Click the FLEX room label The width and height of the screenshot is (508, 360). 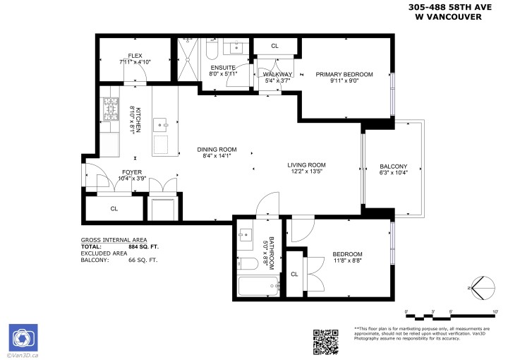point(135,55)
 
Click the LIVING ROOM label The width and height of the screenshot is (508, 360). point(306,165)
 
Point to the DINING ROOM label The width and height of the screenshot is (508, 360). point(217,150)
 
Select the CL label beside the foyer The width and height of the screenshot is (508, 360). point(114,209)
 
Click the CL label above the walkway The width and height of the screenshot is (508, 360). point(274,46)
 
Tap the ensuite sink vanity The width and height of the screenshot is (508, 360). point(235,47)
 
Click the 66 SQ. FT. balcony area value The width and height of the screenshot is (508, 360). point(143,260)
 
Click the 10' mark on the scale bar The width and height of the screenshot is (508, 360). point(495,311)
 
